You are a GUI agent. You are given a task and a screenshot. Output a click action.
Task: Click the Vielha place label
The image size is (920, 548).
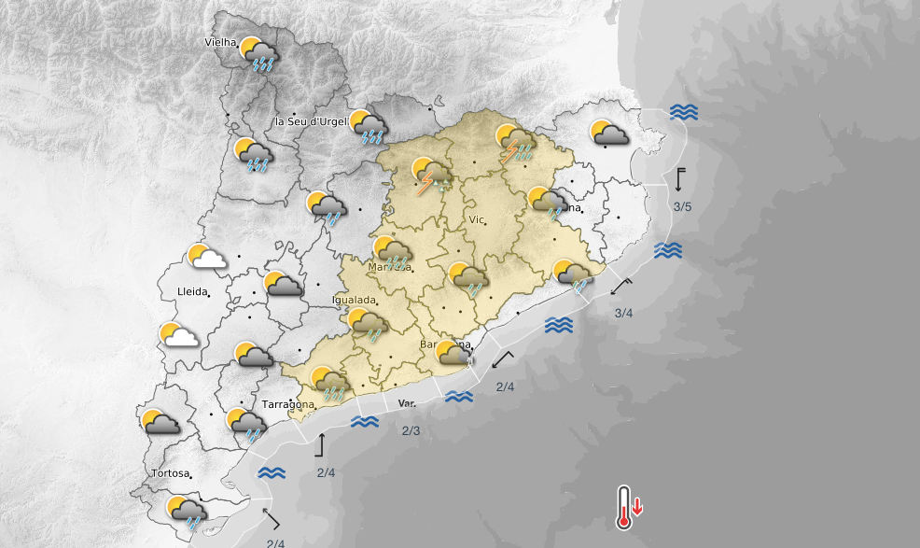[x=220, y=42]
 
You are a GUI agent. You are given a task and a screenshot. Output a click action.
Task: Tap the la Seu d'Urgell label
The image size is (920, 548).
[x=311, y=122]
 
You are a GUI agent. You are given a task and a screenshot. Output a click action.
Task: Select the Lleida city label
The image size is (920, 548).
[x=191, y=292]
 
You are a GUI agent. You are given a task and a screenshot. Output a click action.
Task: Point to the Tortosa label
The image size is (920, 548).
[x=173, y=473]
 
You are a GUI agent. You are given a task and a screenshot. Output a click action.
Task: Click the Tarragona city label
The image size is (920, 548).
[x=287, y=404]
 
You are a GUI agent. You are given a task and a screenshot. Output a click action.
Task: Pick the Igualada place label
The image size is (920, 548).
[x=355, y=301]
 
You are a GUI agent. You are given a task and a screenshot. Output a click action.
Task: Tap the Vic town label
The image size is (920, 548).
[x=477, y=220]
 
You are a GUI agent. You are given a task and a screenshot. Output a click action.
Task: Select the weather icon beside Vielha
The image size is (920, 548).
[x=258, y=54]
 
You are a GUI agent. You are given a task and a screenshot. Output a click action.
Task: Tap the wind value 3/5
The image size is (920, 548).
[x=682, y=206]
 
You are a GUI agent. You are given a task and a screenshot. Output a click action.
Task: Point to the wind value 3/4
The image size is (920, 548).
[x=624, y=313]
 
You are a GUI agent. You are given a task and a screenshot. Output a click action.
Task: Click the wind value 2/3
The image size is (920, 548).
[x=411, y=430]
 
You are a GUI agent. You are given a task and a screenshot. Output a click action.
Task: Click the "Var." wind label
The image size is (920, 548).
[x=407, y=403]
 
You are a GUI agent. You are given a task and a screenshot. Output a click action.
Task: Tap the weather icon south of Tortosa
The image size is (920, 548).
[x=187, y=512]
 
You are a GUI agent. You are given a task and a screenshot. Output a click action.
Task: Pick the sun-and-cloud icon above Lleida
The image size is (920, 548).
[x=206, y=258]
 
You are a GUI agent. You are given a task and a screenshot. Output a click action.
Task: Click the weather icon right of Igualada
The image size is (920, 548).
[x=368, y=325]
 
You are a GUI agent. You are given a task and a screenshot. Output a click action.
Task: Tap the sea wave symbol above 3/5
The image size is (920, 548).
[x=684, y=113]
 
